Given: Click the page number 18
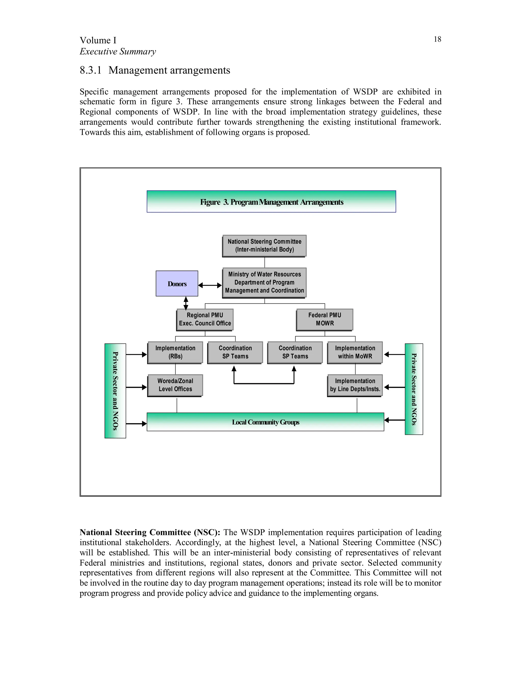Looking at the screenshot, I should (437, 39).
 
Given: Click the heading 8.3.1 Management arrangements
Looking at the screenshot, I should (155, 70).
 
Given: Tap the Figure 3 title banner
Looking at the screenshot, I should (271, 201).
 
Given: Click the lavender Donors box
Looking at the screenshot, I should (177, 283).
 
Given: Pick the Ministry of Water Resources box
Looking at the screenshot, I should (264, 282).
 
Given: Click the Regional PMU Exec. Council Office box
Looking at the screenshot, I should (205, 319).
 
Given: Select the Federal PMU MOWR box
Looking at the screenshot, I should (324, 319).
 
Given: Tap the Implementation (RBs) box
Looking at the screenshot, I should (175, 352).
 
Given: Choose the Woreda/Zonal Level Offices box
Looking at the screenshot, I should (175, 385).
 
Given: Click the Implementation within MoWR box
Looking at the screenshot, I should (355, 352).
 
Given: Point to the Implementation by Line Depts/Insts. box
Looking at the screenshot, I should (355, 385).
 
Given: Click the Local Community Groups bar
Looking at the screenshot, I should (265, 422).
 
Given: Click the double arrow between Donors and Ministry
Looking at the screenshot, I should (210, 285).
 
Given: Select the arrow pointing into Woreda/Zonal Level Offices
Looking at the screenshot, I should (136, 387).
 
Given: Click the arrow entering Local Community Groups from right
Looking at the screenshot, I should (394, 420).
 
